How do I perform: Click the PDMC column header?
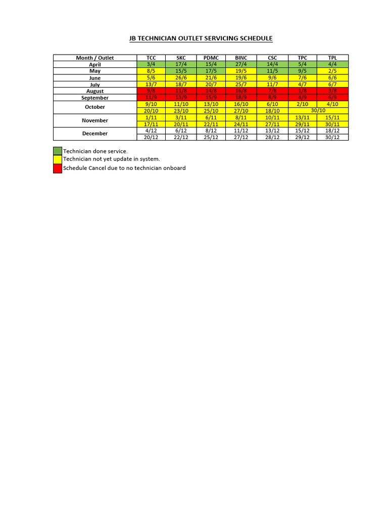(x=211, y=58)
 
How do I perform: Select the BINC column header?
(x=241, y=58)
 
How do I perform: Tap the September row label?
(x=95, y=98)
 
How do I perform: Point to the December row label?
(x=95, y=134)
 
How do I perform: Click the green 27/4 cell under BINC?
(x=241, y=64)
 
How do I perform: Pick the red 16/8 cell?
(x=241, y=91)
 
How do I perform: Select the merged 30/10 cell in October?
(x=318, y=110)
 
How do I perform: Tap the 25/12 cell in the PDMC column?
(x=211, y=137)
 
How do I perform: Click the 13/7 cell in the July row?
(x=151, y=84)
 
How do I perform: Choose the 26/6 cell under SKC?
(x=181, y=78)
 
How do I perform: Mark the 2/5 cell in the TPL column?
(x=332, y=71)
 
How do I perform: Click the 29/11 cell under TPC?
(x=302, y=124)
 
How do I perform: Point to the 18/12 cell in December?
(x=332, y=131)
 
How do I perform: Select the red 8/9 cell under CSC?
(x=272, y=98)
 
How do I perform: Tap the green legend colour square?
(x=58, y=151)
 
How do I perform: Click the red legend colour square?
(x=58, y=168)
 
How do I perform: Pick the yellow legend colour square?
(x=58, y=160)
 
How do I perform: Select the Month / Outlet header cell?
(x=95, y=58)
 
